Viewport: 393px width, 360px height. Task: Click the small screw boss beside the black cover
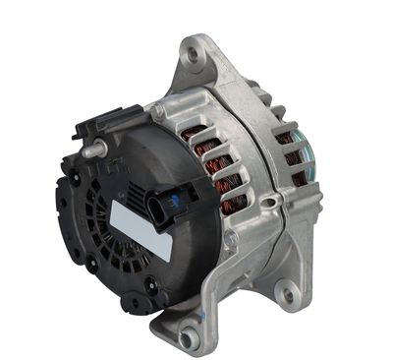coord(158,112)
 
